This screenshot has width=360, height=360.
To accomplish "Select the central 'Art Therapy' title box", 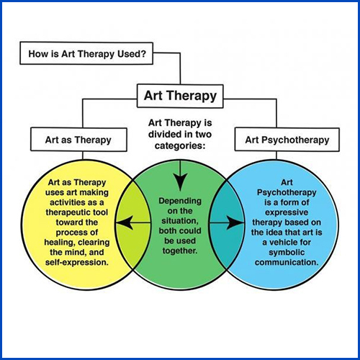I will click(180, 94).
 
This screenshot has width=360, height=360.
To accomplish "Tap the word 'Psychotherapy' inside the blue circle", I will click(287, 193).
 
